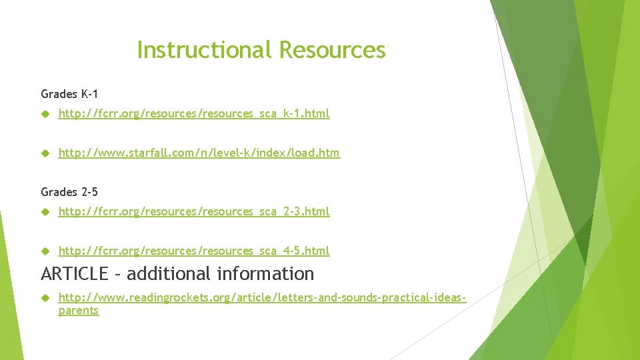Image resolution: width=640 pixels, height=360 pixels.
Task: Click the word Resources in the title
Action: [x=332, y=50]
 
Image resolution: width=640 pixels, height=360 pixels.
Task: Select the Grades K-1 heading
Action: [x=69, y=94]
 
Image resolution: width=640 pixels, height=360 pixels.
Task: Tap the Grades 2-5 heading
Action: [x=69, y=192]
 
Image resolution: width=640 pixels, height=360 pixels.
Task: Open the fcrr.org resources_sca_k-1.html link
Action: [x=194, y=114]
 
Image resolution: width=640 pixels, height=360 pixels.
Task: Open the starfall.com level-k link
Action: [x=199, y=153]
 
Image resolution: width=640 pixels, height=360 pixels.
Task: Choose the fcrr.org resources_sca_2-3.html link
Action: [x=194, y=212]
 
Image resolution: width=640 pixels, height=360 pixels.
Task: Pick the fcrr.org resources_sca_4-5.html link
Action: [x=194, y=251]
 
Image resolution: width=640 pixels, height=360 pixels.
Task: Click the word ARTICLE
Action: [x=74, y=274]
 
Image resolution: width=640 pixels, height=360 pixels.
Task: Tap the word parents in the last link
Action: [x=79, y=311]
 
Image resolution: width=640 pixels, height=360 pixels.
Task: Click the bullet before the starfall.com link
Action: [x=45, y=153]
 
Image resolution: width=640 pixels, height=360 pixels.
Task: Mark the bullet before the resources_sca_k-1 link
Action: [x=45, y=114]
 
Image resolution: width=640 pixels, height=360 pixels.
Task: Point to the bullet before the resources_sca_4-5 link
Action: [x=45, y=251]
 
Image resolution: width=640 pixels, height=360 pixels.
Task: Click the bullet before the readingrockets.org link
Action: [x=45, y=297]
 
